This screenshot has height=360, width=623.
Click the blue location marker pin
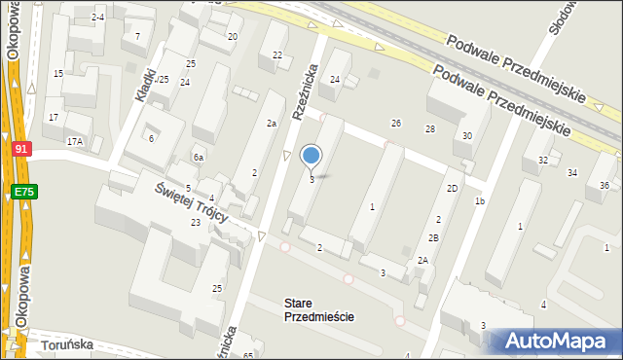[311, 156]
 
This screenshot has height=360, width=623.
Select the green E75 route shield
[24, 193]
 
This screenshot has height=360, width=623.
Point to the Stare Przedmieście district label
[319, 310]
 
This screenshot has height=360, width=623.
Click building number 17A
[74, 142]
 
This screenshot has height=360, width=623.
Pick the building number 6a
[198, 158]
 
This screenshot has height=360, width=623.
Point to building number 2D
[453, 188]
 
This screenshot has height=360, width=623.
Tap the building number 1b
[480, 201]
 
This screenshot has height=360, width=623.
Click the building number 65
[248, 355]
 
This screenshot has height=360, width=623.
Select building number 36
[605, 185]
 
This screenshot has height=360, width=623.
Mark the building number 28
[430, 129]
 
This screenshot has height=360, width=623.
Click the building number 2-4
[98, 18]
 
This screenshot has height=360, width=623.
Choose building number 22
[277, 55]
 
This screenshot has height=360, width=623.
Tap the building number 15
[58, 74]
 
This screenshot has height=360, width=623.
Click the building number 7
[137, 36]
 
